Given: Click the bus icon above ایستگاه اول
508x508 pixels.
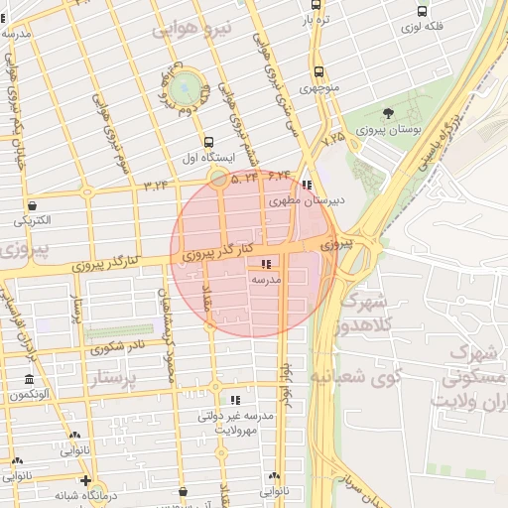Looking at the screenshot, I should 208,142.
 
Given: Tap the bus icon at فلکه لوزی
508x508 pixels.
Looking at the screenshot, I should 423,12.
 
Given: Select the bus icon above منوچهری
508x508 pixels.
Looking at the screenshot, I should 318,71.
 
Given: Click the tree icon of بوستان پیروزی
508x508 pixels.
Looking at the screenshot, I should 387,113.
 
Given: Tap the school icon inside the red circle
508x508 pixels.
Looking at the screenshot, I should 265,264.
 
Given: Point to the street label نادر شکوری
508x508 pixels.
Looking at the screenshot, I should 117,347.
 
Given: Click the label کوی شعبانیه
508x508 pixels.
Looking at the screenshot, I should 355,377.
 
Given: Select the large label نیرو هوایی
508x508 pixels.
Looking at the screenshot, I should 190,30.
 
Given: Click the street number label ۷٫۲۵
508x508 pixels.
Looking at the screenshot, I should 333,138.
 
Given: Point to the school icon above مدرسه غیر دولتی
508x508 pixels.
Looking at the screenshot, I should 235,400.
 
